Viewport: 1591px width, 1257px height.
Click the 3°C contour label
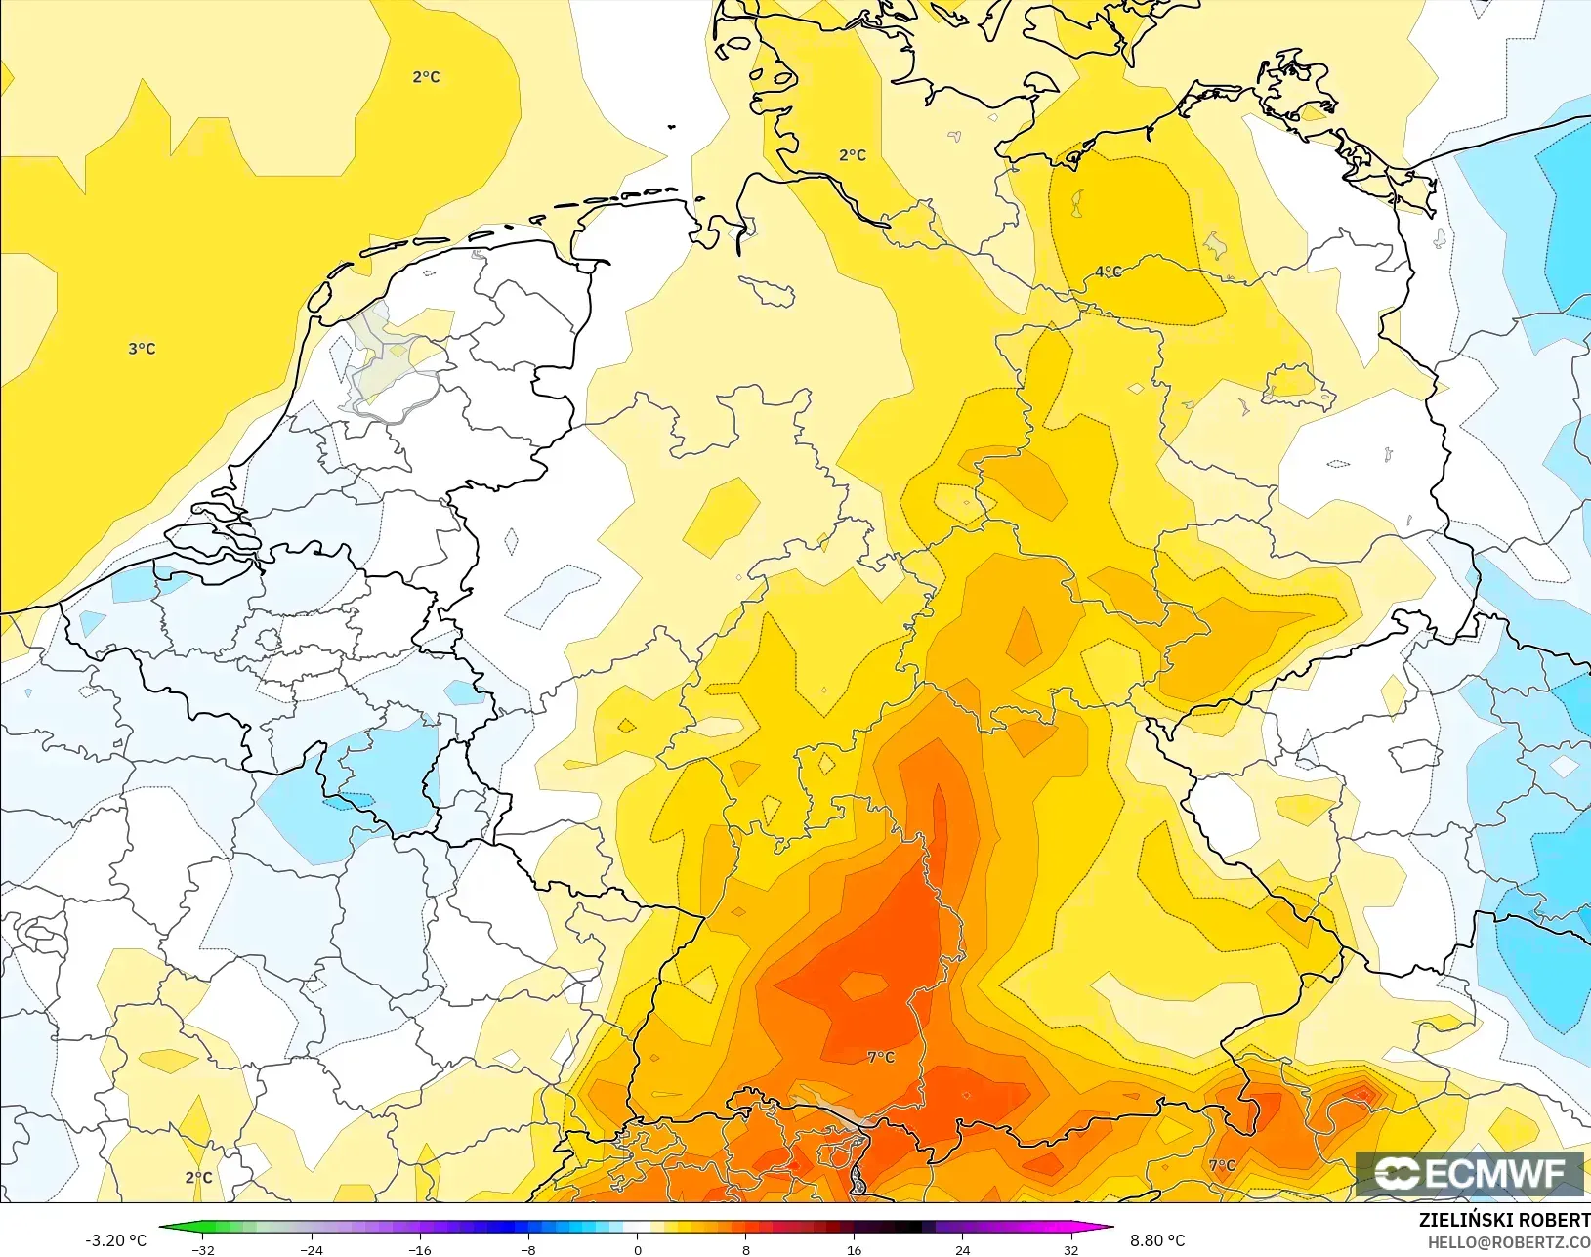pyautogui.click(x=142, y=349)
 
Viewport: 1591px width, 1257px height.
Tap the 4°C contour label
pyautogui.click(x=1108, y=272)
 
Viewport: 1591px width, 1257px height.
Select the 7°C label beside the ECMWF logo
pyautogui.click(x=1222, y=1165)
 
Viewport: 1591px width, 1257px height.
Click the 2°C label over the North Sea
pyautogui.click(x=426, y=77)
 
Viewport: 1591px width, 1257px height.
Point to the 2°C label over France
pyautogui.click(x=198, y=1177)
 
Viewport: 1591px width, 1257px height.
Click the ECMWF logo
pyautogui.click(x=1469, y=1173)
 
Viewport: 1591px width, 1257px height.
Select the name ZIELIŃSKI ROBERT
pyautogui.click(x=1504, y=1220)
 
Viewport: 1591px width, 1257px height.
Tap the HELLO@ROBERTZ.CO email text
pyautogui.click(x=1509, y=1242)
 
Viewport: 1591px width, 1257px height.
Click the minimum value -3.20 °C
pyautogui.click(x=115, y=1240)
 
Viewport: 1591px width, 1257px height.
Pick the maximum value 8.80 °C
pyautogui.click(x=1157, y=1240)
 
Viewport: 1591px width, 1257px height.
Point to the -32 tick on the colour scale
pyautogui.click(x=203, y=1249)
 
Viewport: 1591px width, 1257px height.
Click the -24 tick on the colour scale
pyautogui.click(x=312, y=1249)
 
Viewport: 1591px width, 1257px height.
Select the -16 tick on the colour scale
pyautogui.click(x=420, y=1249)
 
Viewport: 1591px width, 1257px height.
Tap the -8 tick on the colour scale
pyautogui.click(x=528, y=1249)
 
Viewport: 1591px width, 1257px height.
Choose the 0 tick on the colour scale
pyautogui.click(x=637, y=1249)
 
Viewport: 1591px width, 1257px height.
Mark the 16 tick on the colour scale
pyautogui.click(x=854, y=1249)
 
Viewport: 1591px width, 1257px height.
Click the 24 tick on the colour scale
pyautogui.click(x=962, y=1249)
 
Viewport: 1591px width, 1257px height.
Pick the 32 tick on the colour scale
pyautogui.click(x=1070, y=1249)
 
